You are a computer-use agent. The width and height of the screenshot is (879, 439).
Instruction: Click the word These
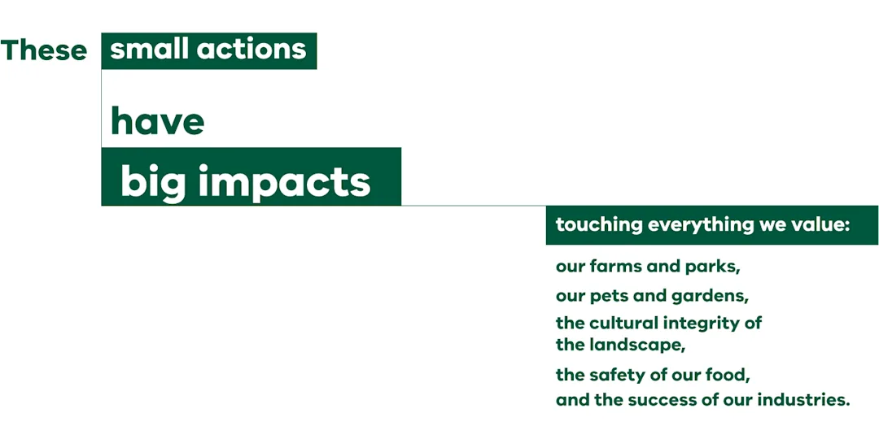coord(44,50)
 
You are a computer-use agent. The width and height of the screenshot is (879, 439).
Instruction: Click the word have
coord(158,120)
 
